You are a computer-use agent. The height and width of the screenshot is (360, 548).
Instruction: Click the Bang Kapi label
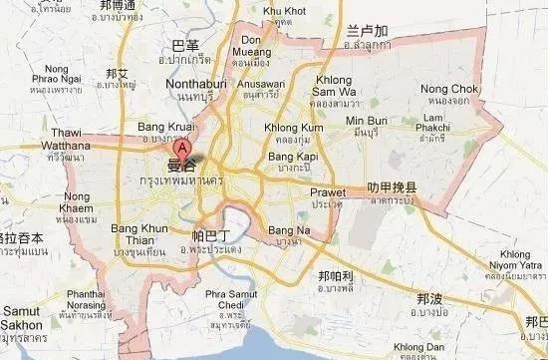coord(290,157)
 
